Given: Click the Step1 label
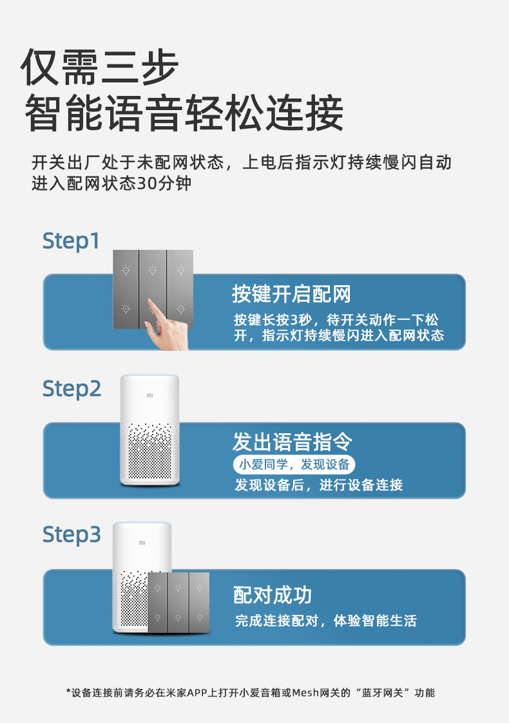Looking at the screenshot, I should point(72,241).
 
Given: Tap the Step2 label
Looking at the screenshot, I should point(72,389).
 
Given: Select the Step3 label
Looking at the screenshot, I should point(72,534).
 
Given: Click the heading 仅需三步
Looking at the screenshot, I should point(100,67).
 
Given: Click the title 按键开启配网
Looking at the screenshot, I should point(291,294).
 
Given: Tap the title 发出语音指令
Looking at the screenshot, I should point(293,442).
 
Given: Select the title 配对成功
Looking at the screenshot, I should point(272,595).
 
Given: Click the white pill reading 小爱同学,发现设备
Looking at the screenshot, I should point(294,464).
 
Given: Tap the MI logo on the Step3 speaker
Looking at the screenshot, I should point(142,543).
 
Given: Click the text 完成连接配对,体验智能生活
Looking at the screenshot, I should point(325,621).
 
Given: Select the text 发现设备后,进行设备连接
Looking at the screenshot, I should point(319,485).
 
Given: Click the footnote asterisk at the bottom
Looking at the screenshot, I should point(68,693).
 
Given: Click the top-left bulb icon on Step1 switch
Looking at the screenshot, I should point(126,270).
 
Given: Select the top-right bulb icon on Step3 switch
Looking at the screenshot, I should point(199,587).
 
